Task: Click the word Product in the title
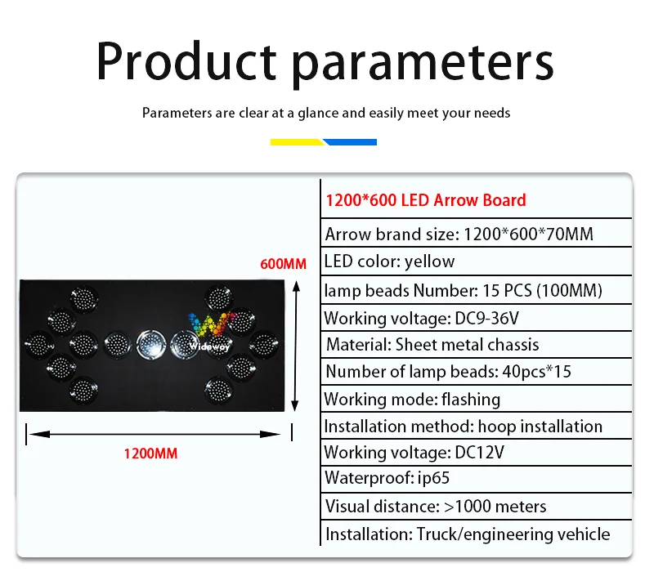coord(186,60)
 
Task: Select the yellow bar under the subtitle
coord(297,142)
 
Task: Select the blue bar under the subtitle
coord(350,142)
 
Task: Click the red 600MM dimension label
coord(284,264)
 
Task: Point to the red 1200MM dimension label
coord(151,454)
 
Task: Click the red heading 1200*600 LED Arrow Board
coord(426,200)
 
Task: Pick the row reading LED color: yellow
coord(390,261)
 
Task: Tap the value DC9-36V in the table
coord(487,319)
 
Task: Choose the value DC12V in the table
coord(480,453)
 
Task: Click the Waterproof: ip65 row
coord(387,478)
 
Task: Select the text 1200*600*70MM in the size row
coord(529,235)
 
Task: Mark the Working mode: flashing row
coord(412,400)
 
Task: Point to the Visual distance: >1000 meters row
coord(436,507)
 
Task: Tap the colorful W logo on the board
coord(210,325)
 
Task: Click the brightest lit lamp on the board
coord(151,344)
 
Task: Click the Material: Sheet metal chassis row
coord(432,345)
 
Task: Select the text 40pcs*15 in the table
coord(537,372)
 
